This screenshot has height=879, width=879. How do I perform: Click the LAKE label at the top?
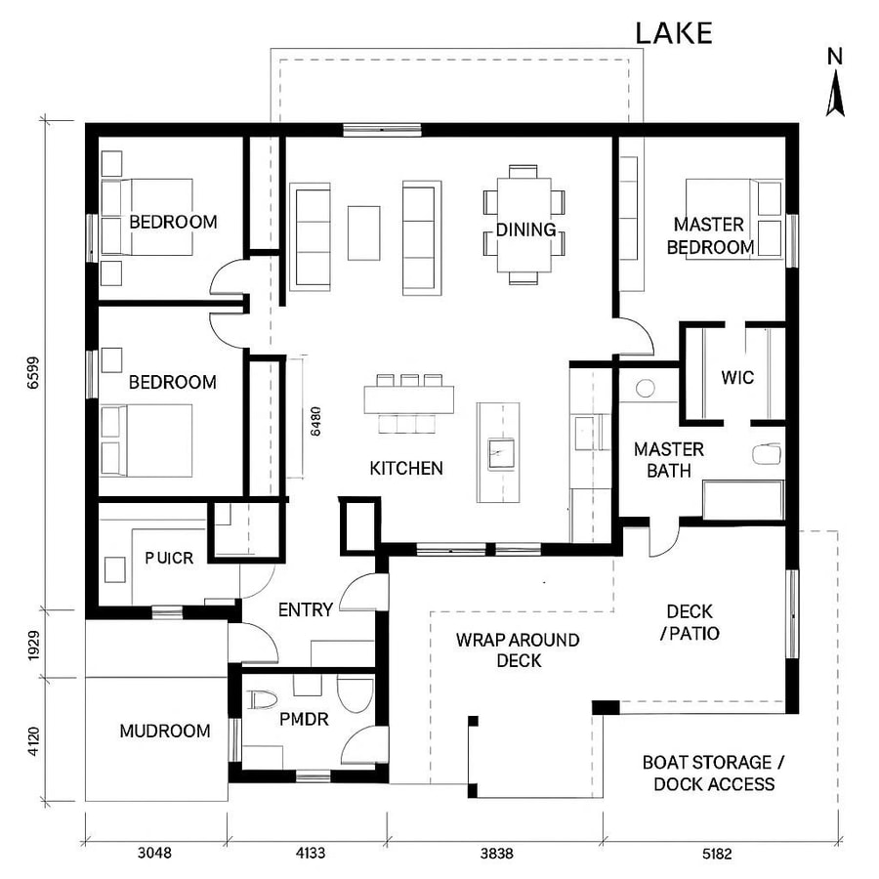click(x=674, y=32)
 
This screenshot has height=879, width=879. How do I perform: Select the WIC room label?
click(x=737, y=378)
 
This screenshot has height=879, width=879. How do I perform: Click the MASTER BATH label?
click(x=669, y=460)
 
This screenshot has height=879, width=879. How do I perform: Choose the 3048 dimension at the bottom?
click(x=154, y=853)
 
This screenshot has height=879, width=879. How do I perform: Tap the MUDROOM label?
click(x=164, y=731)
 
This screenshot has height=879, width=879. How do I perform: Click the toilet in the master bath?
click(x=769, y=453)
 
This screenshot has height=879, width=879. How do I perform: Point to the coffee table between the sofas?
click(x=363, y=232)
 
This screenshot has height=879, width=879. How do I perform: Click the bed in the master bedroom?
click(x=732, y=220)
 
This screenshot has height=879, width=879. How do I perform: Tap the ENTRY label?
click(x=306, y=609)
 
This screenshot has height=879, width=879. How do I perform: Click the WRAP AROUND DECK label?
click(x=518, y=650)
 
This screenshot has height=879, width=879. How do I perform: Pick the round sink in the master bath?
click(x=646, y=388)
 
